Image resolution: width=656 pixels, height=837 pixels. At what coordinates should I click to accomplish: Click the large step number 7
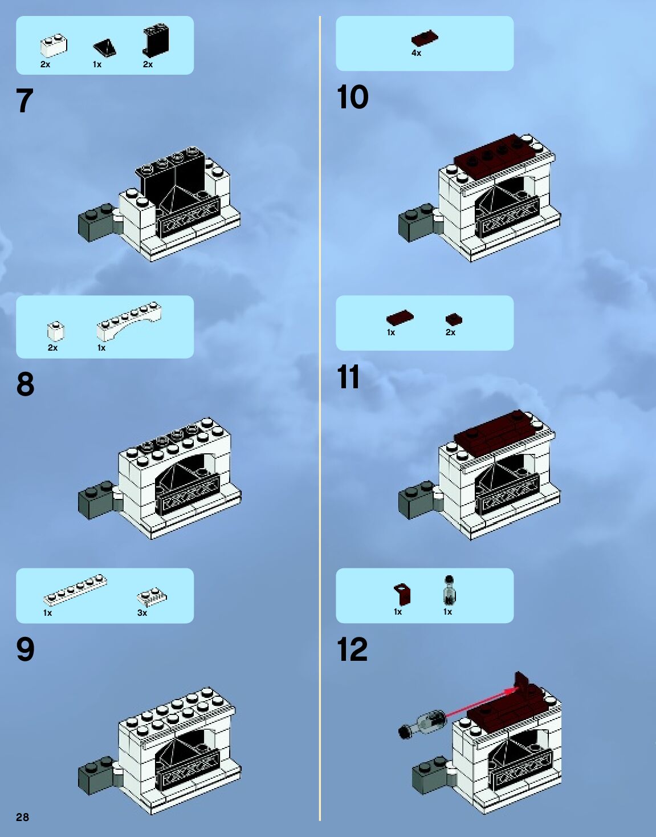[25, 100]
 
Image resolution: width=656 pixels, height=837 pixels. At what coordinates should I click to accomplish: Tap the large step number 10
[353, 97]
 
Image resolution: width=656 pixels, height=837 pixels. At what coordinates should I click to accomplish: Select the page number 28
[22, 817]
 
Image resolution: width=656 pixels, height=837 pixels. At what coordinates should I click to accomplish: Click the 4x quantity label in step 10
[416, 53]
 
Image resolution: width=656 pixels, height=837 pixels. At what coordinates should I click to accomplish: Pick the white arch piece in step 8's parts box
[129, 321]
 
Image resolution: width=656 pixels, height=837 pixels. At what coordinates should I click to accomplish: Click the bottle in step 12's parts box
[449, 590]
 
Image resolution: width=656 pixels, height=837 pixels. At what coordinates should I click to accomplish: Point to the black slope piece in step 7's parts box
[105, 48]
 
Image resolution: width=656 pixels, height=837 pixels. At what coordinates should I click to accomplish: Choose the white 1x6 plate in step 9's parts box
[75, 590]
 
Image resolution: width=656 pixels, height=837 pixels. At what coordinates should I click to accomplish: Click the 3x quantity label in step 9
[142, 612]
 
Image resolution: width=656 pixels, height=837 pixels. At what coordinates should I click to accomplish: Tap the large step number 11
[348, 377]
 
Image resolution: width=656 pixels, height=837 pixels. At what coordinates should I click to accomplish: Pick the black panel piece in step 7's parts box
[156, 41]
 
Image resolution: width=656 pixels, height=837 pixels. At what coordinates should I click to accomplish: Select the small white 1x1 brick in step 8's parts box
[56, 331]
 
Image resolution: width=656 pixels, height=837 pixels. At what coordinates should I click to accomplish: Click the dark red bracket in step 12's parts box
[402, 594]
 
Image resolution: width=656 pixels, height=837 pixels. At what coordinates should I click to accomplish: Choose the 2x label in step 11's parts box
[450, 332]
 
